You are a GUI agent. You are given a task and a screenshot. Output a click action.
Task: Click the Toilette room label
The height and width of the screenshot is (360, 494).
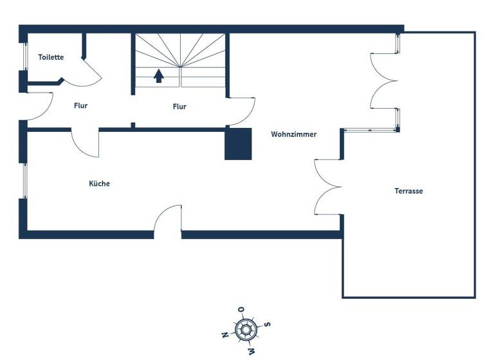(x=51, y=57)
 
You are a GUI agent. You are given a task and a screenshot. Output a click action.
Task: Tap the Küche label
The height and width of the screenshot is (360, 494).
(x=99, y=183)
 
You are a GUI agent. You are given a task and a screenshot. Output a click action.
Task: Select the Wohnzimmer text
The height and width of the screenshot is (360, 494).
(x=294, y=134)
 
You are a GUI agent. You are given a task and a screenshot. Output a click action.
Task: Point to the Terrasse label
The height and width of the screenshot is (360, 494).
(x=408, y=191)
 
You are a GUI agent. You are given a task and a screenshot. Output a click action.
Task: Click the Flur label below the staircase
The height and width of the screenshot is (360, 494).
(x=179, y=107)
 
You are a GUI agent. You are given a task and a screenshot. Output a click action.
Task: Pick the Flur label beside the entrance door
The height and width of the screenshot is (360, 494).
(x=80, y=106)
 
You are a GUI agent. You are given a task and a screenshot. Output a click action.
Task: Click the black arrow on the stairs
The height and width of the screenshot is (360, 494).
(x=158, y=76)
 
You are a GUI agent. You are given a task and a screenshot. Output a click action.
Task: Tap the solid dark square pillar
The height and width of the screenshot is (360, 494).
(x=237, y=144)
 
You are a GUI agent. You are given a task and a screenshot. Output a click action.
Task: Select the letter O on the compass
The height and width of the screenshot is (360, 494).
(x=241, y=310)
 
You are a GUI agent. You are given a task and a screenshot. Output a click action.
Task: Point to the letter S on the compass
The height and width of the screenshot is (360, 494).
(x=267, y=324)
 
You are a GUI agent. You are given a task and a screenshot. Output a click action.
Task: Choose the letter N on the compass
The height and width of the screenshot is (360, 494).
(x=224, y=335)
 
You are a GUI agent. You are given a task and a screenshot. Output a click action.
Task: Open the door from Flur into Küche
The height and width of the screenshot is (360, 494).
(x=84, y=143)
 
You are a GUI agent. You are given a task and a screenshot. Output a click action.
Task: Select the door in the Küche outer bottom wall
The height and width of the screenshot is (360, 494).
(x=168, y=222)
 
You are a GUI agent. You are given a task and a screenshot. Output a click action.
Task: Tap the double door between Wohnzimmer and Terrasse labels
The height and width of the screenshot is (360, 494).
(x=327, y=186)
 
